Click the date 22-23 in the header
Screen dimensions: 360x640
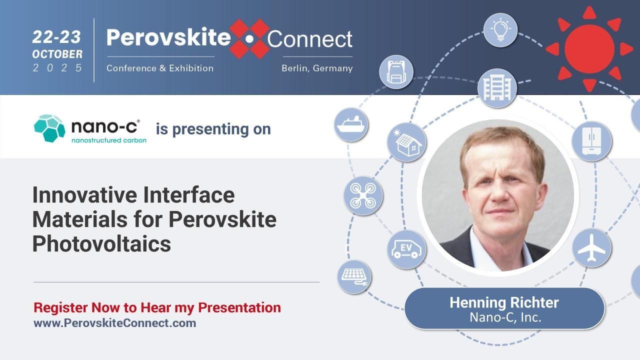pos(57,36)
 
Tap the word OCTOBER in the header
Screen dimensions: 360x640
pos(57,53)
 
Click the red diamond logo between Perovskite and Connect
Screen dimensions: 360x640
pos(249,38)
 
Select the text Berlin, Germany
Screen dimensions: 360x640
pos(317,68)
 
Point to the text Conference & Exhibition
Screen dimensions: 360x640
pos(160,68)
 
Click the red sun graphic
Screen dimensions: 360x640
pos(589,48)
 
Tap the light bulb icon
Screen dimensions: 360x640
pos(500,30)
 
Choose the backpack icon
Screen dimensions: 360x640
pos(396,72)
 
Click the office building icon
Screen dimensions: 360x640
pos(496,88)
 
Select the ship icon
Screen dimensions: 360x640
pos(351,124)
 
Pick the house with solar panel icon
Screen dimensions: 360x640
pos(407,142)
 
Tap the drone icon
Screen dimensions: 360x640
pos(363,195)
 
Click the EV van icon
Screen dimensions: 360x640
pos(406,248)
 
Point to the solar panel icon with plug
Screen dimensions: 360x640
pos(354,276)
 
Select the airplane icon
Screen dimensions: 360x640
pos(591,248)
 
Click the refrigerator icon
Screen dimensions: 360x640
pos(591,141)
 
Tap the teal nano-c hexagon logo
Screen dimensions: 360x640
pos(49,128)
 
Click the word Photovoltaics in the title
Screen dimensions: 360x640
pos(101,244)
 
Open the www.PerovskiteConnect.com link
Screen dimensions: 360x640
pos(114,323)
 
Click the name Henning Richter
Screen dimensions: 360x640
pos(504,302)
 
